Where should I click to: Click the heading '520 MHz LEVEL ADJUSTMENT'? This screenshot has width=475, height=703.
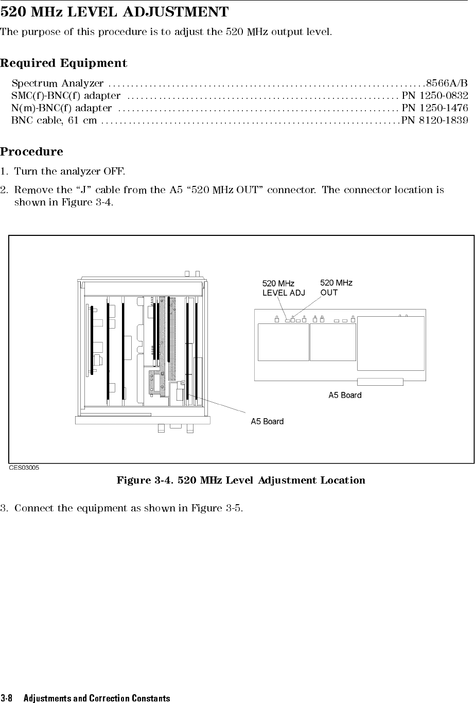click(x=114, y=11)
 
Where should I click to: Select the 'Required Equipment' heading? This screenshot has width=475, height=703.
click(x=64, y=63)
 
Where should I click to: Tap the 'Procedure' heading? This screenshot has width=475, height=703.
click(x=32, y=152)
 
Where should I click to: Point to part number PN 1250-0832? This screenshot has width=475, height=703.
click(x=435, y=95)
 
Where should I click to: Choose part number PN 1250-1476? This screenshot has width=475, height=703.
click(x=435, y=108)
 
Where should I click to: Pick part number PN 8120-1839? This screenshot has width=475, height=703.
click(x=435, y=120)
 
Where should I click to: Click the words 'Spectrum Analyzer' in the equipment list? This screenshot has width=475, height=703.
click(x=58, y=83)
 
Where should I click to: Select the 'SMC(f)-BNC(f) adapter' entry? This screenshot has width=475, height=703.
click(x=66, y=95)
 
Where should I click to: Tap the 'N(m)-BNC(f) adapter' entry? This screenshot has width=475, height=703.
click(x=61, y=108)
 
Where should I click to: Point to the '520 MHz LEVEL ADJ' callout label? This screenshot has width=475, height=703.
click(x=283, y=288)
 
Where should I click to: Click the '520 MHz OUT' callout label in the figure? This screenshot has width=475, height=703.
click(x=336, y=287)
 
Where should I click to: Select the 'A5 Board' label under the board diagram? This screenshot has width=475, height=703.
click(x=345, y=395)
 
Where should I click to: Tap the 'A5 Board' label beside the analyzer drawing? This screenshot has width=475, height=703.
click(x=267, y=421)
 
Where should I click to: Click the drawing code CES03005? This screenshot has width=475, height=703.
click(x=24, y=467)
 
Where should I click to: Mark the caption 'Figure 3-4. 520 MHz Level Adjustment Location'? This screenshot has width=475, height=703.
click(x=241, y=481)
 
